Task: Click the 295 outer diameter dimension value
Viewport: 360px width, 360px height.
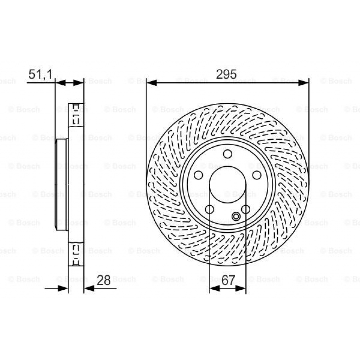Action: coord(226,74)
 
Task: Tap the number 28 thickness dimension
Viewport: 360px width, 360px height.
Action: coord(103,280)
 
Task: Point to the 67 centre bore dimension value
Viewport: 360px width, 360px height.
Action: coord(228,280)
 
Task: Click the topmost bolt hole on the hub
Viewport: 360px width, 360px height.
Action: coord(227,154)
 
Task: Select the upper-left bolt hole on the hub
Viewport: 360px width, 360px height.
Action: coord(198,175)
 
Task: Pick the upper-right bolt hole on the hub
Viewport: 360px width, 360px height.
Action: coord(257,175)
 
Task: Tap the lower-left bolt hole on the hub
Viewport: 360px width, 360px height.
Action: coord(210,209)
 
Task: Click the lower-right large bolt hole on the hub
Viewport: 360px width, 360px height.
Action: coord(246,209)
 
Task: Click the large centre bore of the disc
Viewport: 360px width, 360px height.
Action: coord(227,185)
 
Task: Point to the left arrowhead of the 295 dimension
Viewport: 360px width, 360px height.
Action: coord(152,83)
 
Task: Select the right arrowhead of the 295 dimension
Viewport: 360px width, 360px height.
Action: coord(303,83)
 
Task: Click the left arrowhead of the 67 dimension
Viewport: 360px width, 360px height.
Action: coord(214,288)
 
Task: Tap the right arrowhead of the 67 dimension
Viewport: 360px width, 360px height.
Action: coord(241,288)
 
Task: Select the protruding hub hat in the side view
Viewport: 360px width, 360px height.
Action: coord(61,185)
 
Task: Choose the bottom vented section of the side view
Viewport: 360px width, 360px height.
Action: coord(76,254)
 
